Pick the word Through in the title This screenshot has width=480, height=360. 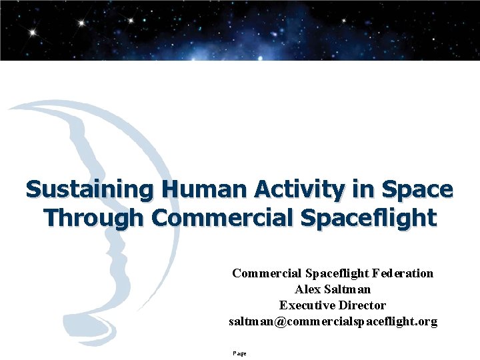coord(94,217)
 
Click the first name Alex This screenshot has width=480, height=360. coord(307,289)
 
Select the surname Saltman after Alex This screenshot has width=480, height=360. coord(347,289)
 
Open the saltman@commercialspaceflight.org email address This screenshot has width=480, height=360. coord(333,321)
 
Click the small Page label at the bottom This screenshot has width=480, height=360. coord(239,353)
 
